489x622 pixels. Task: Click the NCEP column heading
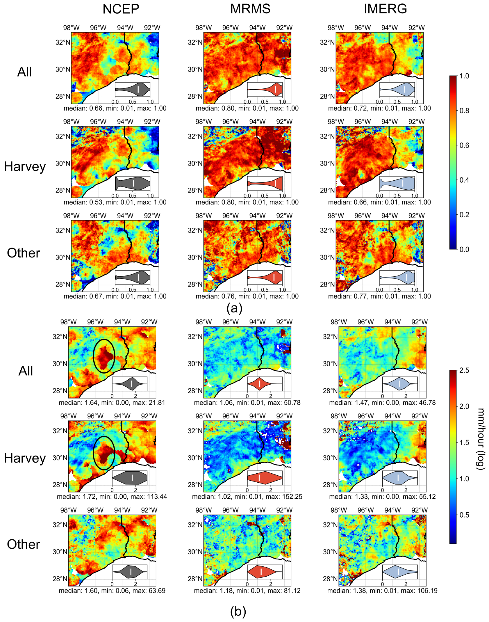pos(121,9)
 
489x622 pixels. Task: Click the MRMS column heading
pos(250,9)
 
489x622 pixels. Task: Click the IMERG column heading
pos(385,9)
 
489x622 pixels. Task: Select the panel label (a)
pos(234,308)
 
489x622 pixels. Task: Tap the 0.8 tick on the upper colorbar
pos(464,111)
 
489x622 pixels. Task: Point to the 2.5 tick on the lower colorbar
pos(464,370)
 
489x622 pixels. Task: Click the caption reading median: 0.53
pos(115,202)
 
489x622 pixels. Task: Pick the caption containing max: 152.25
pos(247,497)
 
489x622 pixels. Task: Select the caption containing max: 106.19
pos(382,591)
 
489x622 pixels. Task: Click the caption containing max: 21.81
pos(112,403)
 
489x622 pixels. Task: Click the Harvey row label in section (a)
pos(25,167)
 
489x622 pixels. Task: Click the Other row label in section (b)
pos(23,544)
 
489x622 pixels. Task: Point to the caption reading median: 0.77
pos(379,296)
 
